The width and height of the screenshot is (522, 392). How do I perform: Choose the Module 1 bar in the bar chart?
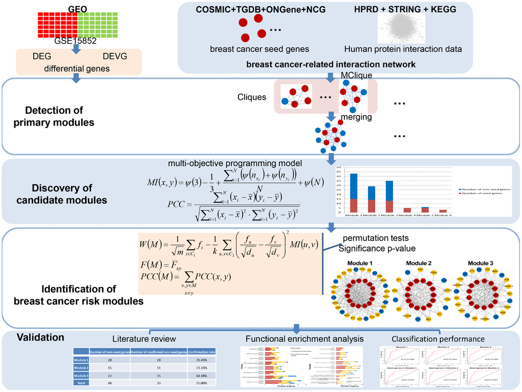pyautogui.click(x=354, y=193)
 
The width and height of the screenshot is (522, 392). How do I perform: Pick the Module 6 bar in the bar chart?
pyautogui.click(x=444, y=211)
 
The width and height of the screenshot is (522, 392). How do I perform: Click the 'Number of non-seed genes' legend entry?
pyautogui.click(x=484, y=189)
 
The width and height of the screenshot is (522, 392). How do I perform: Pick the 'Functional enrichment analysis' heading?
pyautogui.click(x=297, y=339)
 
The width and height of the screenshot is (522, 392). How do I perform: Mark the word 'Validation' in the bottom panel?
pyautogui.click(x=40, y=337)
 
